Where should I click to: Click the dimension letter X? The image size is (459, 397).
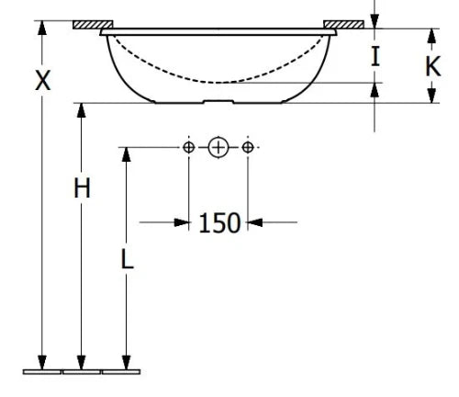pyautogui.click(x=42, y=80)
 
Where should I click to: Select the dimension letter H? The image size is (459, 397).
pyautogui.click(x=82, y=187)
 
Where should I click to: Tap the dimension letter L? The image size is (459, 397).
pyautogui.click(x=128, y=259)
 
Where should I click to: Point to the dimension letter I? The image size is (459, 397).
pyautogui.click(x=375, y=56)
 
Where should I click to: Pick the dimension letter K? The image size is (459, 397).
pyautogui.click(x=433, y=66)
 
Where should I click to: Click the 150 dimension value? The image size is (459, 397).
pyautogui.click(x=219, y=223)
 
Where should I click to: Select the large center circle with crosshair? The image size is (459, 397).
pyautogui.click(x=218, y=147)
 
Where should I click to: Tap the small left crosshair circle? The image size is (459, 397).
pyautogui.click(x=188, y=147)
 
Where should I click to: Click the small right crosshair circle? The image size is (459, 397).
pyautogui.click(x=248, y=147)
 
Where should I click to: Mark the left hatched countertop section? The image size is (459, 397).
pyautogui.click(x=93, y=25)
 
